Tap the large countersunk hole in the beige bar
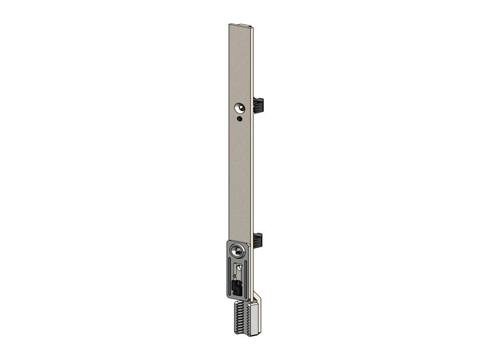(x=240, y=107)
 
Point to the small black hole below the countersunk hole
(x=239, y=119)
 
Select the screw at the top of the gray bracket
(x=238, y=252)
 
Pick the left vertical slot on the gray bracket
(x=229, y=277)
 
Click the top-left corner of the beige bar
(x=229, y=24)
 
